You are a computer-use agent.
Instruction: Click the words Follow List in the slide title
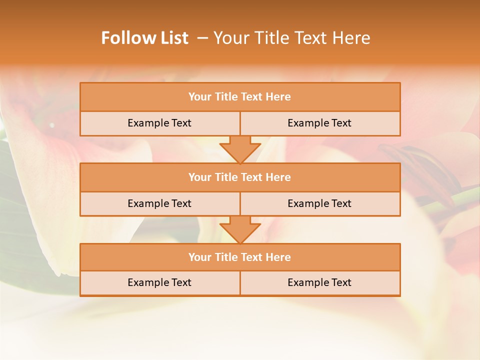(x=144, y=38)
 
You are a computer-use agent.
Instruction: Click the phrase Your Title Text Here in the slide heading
(x=292, y=38)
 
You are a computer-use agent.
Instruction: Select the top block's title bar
(x=240, y=97)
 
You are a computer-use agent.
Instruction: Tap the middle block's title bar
(x=240, y=177)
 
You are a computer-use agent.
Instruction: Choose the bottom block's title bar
(x=240, y=257)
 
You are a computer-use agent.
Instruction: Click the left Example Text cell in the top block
(x=159, y=123)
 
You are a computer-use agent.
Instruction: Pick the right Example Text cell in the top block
(x=319, y=123)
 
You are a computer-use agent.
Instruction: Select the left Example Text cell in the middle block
(x=159, y=204)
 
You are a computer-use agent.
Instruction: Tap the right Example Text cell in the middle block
(x=319, y=204)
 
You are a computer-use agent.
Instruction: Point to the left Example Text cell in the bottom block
(x=159, y=283)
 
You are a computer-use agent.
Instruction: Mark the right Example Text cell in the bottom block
(x=319, y=283)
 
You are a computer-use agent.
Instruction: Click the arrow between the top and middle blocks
(x=240, y=149)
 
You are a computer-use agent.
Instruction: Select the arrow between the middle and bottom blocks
(x=240, y=229)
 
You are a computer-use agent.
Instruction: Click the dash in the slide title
(x=203, y=38)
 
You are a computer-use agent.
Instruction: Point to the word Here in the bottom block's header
(x=278, y=257)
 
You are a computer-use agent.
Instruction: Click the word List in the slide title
(x=173, y=38)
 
